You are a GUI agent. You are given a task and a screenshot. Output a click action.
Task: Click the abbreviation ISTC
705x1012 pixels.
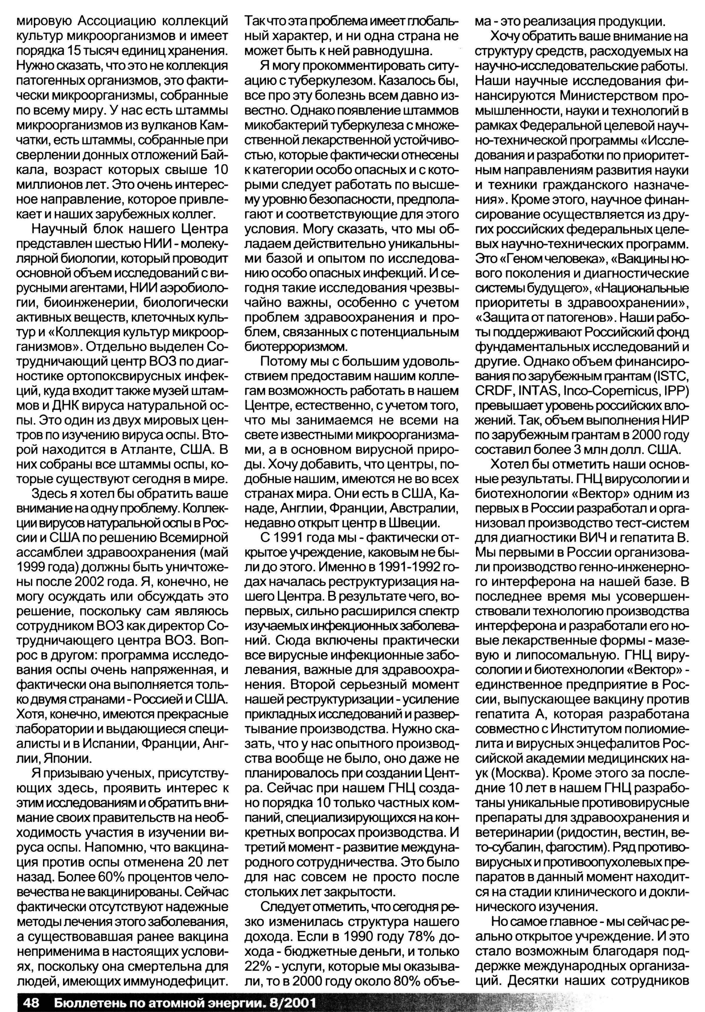[668, 376]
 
